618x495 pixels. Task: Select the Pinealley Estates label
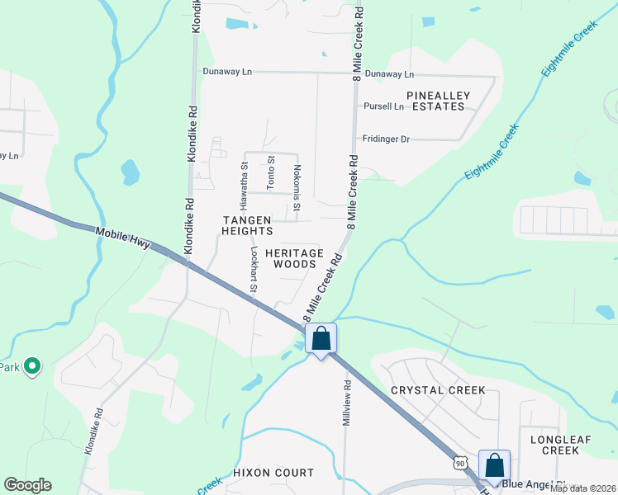(x=438, y=101)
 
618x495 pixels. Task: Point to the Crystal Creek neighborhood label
(x=438, y=389)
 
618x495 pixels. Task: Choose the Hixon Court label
(x=273, y=473)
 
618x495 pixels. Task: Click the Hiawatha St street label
(x=245, y=177)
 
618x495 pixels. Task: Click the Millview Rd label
(x=347, y=403)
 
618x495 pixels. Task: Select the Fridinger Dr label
(x=383, y=139)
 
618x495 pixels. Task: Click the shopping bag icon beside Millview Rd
(x=321, y=338)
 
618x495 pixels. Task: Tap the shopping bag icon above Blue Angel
(x=494, y=466)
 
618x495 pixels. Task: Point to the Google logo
(x=27, y=485)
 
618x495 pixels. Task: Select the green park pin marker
(x=31, y=365)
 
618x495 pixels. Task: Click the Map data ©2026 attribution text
(x=583, y=488)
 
